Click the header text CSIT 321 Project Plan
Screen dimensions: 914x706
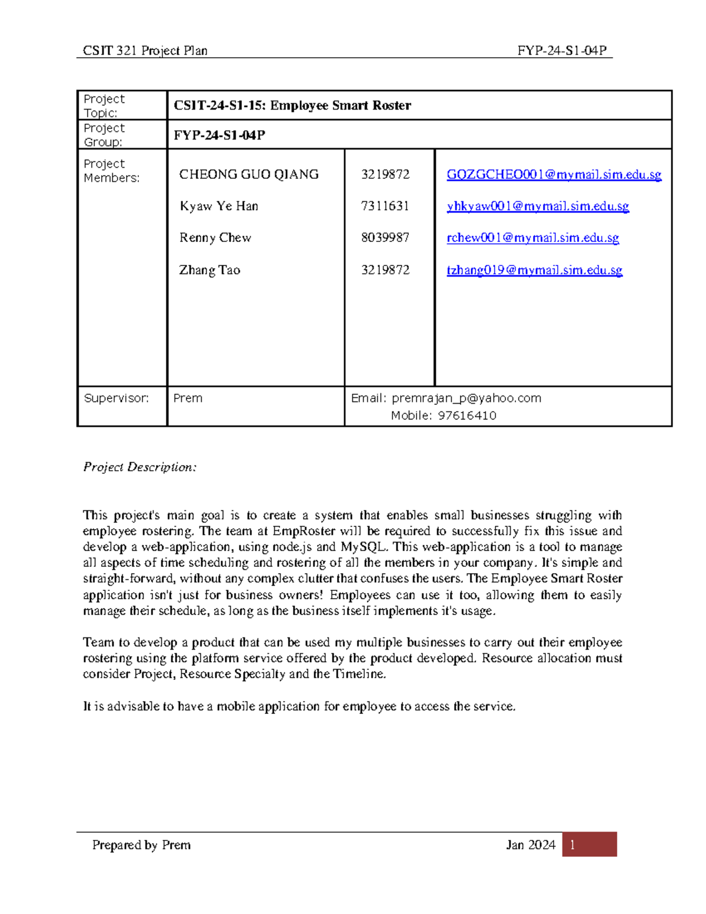click(x=145, y=51)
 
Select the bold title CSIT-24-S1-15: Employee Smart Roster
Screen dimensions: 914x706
click(x=292, y=105)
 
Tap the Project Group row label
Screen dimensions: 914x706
click(x=104, y=135)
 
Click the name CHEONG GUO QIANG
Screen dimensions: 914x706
click(x=249, y=174)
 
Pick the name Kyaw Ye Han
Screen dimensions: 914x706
click(x=219, y=206)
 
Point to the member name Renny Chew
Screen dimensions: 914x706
click(x=215, y=238)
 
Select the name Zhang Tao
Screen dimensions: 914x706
click(x=209, y=270)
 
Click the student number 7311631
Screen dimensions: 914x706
click(x=385, y=206)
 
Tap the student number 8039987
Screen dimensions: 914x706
click(x=385, y=238)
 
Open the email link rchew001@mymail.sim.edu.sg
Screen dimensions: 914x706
click(x=532, y=238)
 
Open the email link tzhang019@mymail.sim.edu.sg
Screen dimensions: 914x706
click(x=534, y=270)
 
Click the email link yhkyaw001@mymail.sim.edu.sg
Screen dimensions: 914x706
click(x=538, y=206)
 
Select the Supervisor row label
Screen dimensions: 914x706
click(x=116, y=398)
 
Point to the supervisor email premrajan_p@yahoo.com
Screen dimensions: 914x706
click(x=466, y=398)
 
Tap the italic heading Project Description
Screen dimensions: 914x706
click(x=139, y=467)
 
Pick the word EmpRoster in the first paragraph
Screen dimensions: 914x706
click(x=304, y=531)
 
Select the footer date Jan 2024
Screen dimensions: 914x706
click(x=530, y=845)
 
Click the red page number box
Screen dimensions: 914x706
click(x=589, y=845)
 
